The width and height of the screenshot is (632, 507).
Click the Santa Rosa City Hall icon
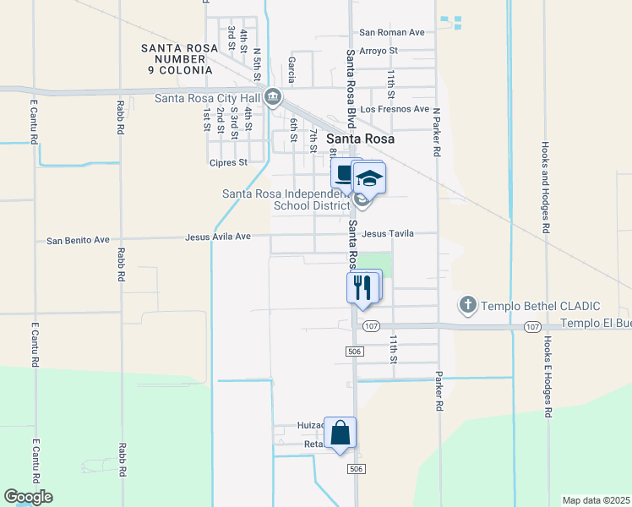pyautogui.click(x=273, y=97)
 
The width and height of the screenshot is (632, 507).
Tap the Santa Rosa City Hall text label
pyautogui.click(x=208, y=97)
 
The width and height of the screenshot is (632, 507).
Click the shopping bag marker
pyautogui.click(x=340, y=433)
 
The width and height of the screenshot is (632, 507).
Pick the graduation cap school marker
pyautogui.click(x=368, y=177)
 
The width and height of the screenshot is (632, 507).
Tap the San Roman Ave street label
pyautogui.click(x=391, y=32)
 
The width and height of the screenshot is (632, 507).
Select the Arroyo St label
pyautogui.click(x=378, y=51)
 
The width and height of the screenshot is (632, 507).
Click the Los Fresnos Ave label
pyautogui.click(x=395, y=109)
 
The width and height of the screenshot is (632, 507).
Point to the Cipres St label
pyautogui.click(x=228, y=162)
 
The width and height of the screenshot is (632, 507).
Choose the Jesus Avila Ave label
pyautogui.click(x=218, y=237)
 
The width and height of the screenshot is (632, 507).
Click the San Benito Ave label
pyautogui.click(x=78, y=240)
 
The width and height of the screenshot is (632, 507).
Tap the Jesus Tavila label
pyautogui.click(x=388, y=233)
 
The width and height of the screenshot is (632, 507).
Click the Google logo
pyautogui.click(x=28, y=497)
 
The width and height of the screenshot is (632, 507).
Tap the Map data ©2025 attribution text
pyautogui.click(x=596, y=500)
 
